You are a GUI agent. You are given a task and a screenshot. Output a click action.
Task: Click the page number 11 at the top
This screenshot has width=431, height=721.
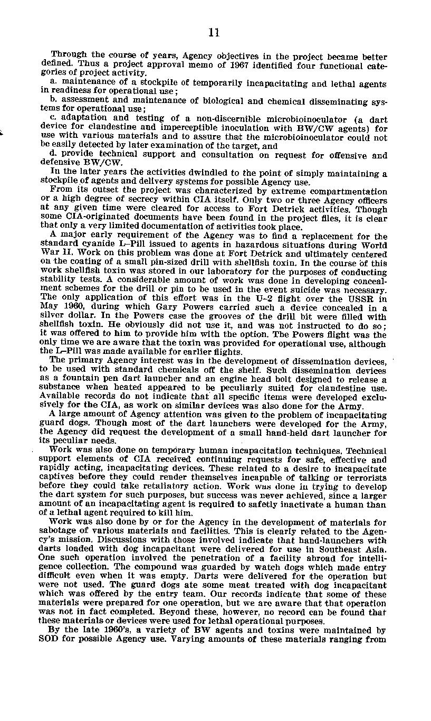click(214, 33)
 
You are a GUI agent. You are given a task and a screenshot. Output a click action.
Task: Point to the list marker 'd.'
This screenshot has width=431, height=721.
click(53, 154)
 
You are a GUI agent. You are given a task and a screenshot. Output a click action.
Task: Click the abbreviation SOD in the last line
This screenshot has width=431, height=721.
click(49, 639)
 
